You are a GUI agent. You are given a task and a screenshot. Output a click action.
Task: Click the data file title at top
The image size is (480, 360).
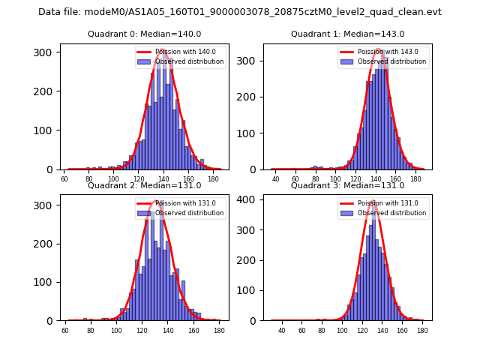pos(240,12)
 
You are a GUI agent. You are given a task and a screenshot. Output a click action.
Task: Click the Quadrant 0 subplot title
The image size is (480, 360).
pos(145,34)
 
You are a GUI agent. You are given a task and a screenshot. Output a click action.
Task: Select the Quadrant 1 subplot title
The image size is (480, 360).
pos(347,34)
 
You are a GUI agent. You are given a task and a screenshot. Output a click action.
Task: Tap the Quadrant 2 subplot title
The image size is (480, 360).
pos(145,186)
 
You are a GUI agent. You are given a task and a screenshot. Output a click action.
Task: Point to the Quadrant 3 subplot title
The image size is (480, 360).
pos(347,186)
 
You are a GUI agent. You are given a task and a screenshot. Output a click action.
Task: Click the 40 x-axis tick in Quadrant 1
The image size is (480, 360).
pos(276,180)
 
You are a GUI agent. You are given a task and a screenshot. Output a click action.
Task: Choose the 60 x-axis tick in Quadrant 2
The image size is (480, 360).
pos(65,331)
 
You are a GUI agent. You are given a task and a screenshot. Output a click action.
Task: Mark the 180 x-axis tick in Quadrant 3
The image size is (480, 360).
pos(422,331)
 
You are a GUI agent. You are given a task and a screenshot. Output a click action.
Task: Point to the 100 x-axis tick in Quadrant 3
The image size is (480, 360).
pos(342,331)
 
